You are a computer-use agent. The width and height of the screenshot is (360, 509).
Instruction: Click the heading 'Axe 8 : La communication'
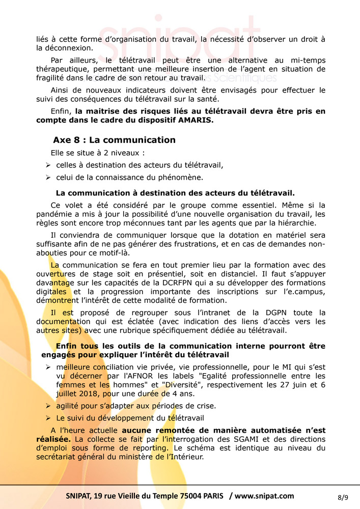click(x=114, y=140)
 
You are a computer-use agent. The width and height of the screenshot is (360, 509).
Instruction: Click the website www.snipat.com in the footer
click(x=264, y=496)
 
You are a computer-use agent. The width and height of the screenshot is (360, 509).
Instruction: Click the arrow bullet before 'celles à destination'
click(x=47, y=165)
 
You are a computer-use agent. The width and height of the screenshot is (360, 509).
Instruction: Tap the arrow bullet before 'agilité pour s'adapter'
click(x=47, y=406)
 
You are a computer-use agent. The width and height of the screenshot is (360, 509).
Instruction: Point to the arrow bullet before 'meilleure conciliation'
click(x=47, y=367)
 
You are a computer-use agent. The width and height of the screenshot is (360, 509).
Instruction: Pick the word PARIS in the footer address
click(x=210, y=496)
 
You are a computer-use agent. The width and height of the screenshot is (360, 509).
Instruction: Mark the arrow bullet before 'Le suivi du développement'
click(x=47, y=418)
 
